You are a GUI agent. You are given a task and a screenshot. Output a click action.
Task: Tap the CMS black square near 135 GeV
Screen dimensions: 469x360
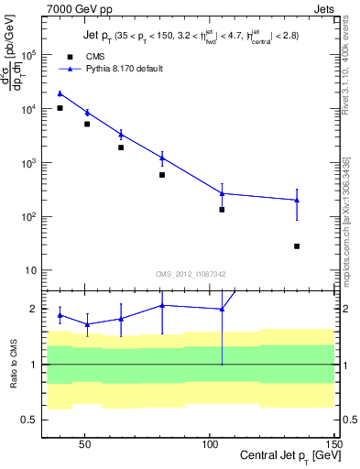(x=297, y=246)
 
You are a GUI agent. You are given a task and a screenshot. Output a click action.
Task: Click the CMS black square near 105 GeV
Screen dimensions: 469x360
(x=222, y=210)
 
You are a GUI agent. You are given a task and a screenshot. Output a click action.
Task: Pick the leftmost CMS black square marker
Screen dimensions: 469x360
(x=60, y=108)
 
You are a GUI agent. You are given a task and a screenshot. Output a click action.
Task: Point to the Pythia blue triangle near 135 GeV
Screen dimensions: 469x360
(x=297, y=200)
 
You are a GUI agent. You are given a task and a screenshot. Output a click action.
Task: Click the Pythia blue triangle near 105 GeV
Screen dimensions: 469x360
(x=222, y=193)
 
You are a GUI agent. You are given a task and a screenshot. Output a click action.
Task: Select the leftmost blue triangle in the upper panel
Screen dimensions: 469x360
(x=60, y=93)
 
